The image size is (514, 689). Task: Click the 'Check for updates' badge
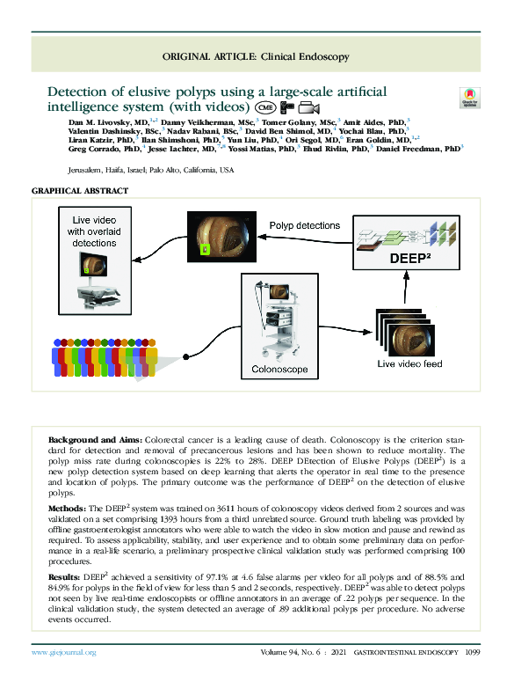click(x=470, y=99)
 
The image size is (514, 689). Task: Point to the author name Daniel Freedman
click(x=414, y=150)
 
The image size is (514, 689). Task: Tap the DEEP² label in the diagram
click(x=405, y=259)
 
